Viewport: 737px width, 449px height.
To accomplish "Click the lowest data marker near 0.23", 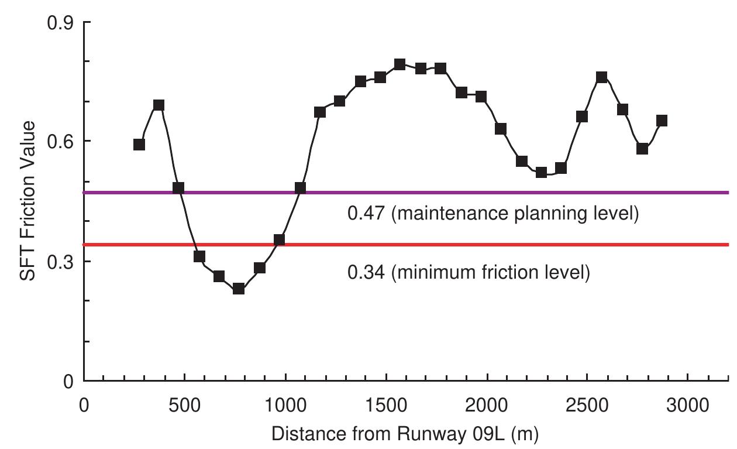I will (238, 288).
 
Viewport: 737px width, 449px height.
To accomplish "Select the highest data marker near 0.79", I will (400, 64).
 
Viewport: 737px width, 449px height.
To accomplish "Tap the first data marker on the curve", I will (139, 145).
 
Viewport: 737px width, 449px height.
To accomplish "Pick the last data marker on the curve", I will (662, 121).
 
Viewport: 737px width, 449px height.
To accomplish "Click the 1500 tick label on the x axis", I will (386, 405).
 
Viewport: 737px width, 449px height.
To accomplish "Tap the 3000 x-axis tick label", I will (687, 405).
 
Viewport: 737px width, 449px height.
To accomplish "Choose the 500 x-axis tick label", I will (184, 405).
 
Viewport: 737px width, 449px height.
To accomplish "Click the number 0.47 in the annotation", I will (366, 214).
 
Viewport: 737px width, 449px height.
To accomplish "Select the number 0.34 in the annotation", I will (366, 272).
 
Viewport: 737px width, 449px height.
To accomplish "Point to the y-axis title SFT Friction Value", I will (27, 201).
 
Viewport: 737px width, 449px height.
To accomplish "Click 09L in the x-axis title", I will (485, 434).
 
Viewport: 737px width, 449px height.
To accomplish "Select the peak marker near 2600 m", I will (601, 77).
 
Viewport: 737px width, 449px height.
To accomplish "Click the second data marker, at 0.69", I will (159, 105).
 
